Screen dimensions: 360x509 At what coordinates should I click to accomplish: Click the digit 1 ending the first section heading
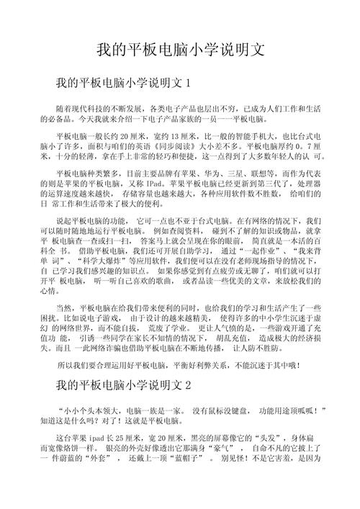[188, 83]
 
